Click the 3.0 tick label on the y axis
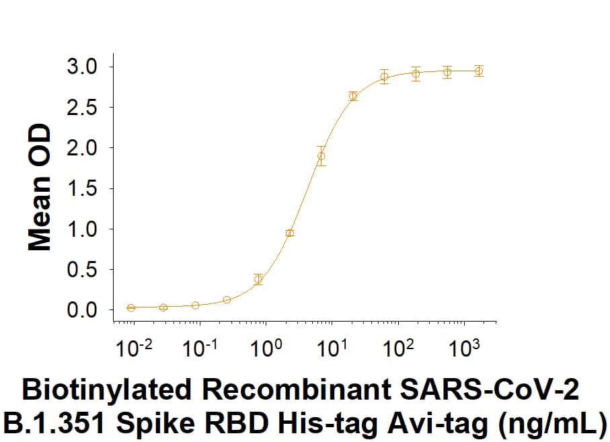[x=83, y=67]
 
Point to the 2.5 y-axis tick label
[x=83, y=108]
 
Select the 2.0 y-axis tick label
[x=83, y=148]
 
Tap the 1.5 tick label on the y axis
[x=83, y=189]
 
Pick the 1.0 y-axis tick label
[x=83, y=229]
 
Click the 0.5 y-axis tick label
[x=83, y=270]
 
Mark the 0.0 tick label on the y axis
[x=83, y=311]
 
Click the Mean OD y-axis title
[x=40, y=188]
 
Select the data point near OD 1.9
[x=321, y=156]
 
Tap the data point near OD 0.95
[x=290, y=233]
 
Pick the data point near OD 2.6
[x=353, y=96]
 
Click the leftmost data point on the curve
[x=131, y=307]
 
